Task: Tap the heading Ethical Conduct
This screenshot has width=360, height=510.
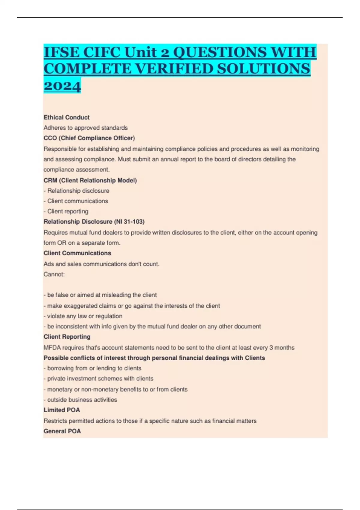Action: coord(67,117)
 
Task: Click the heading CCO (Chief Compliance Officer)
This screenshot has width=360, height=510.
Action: coord(89,138)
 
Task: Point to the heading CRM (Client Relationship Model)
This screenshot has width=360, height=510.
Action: coord(90,180)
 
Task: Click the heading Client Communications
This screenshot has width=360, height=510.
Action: coord(77,253)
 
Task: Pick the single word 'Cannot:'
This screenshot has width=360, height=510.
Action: coord(54,274)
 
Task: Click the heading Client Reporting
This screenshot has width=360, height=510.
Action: coord(67,337)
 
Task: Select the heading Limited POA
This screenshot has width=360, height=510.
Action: coord(62,410)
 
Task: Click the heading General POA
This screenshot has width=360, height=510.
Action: coord(62,431)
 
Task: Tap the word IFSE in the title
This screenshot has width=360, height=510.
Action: coord(61,52)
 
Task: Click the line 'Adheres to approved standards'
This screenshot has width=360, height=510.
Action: coord(85,128)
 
